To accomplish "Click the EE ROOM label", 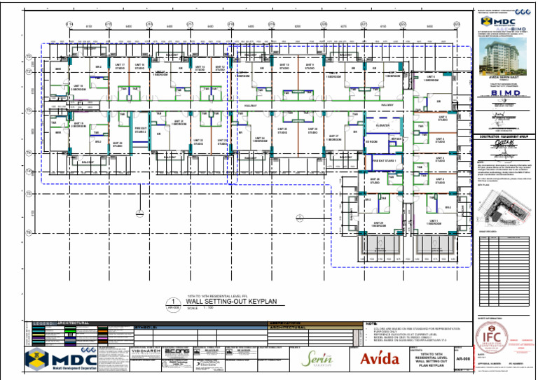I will click(x=372, y=141).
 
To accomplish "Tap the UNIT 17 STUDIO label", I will click(x=120, y=66).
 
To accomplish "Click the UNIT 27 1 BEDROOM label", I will click(x=333, y=138).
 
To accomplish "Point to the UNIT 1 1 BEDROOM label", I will click(x=434, y=223).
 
